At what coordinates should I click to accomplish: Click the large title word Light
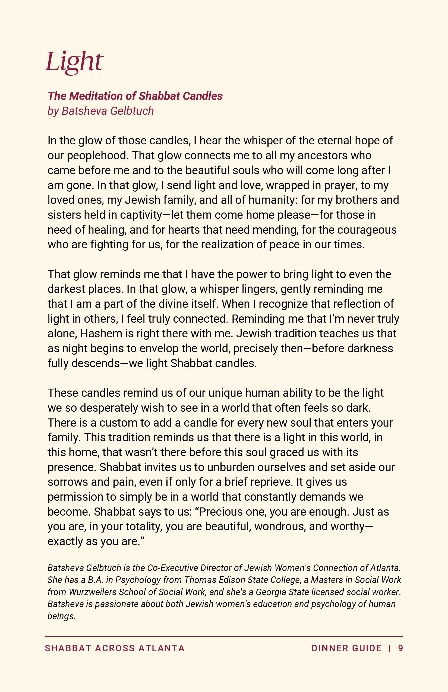pos(74,62)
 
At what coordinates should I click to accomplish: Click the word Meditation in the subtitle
pos(102,96)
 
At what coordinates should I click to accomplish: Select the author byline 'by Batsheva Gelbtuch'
pos(101,111)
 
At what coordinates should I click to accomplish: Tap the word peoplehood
pos(97,155)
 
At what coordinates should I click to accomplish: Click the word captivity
pos(141,215)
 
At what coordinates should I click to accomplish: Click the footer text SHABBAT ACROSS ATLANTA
pos(115,648)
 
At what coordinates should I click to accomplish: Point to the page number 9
pos(400,648)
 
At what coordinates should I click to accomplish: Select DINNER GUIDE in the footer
pos(346,648)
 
